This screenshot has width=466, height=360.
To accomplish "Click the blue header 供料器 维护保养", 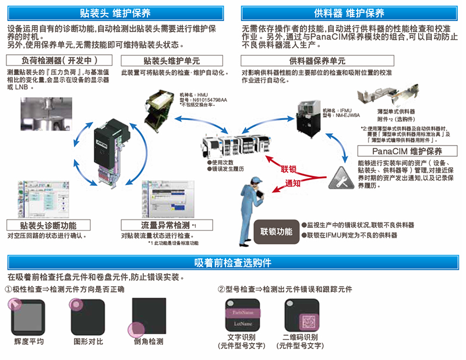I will click(349, 13).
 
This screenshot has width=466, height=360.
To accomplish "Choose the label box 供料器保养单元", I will click(317, 61).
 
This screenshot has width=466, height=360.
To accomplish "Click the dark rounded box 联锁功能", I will click(276, 231).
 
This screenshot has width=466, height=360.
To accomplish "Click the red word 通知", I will click(293, 183).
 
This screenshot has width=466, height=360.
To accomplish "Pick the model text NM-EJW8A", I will click(334, 116).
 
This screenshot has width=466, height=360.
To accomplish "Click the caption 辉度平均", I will click(29, 341).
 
